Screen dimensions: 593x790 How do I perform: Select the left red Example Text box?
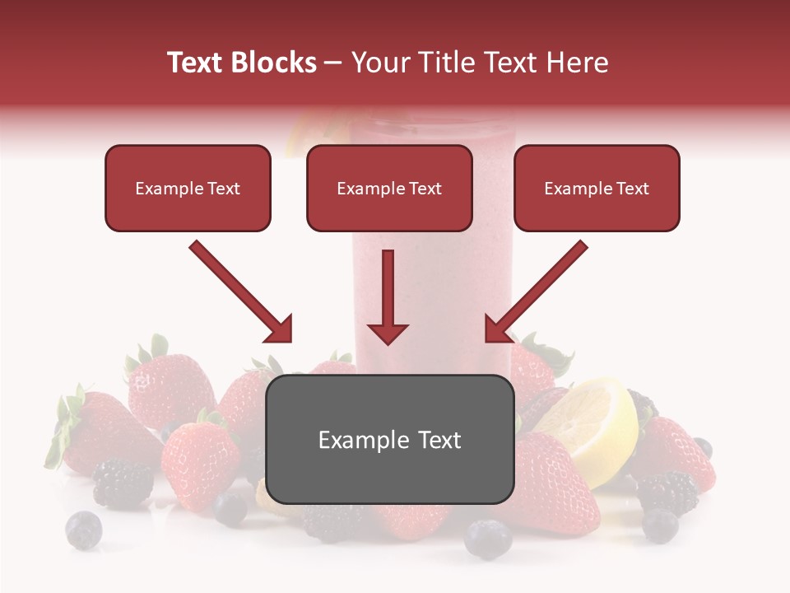188,189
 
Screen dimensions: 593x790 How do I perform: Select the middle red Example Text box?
389,189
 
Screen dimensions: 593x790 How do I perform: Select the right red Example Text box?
597,189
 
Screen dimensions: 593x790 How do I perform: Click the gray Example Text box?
389,440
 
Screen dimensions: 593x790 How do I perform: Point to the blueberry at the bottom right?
660,525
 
